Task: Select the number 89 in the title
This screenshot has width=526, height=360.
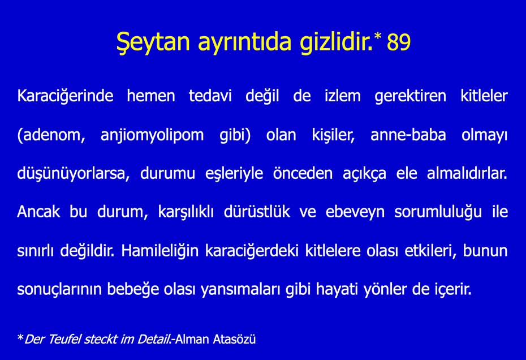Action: coord(399,43)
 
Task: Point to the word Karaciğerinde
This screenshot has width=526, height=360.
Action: coord(66,96)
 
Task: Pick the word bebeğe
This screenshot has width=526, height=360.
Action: coord(143,289)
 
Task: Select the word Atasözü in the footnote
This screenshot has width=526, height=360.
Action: coord(234,339)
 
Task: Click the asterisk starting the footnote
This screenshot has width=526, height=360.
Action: coord(20,338)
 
